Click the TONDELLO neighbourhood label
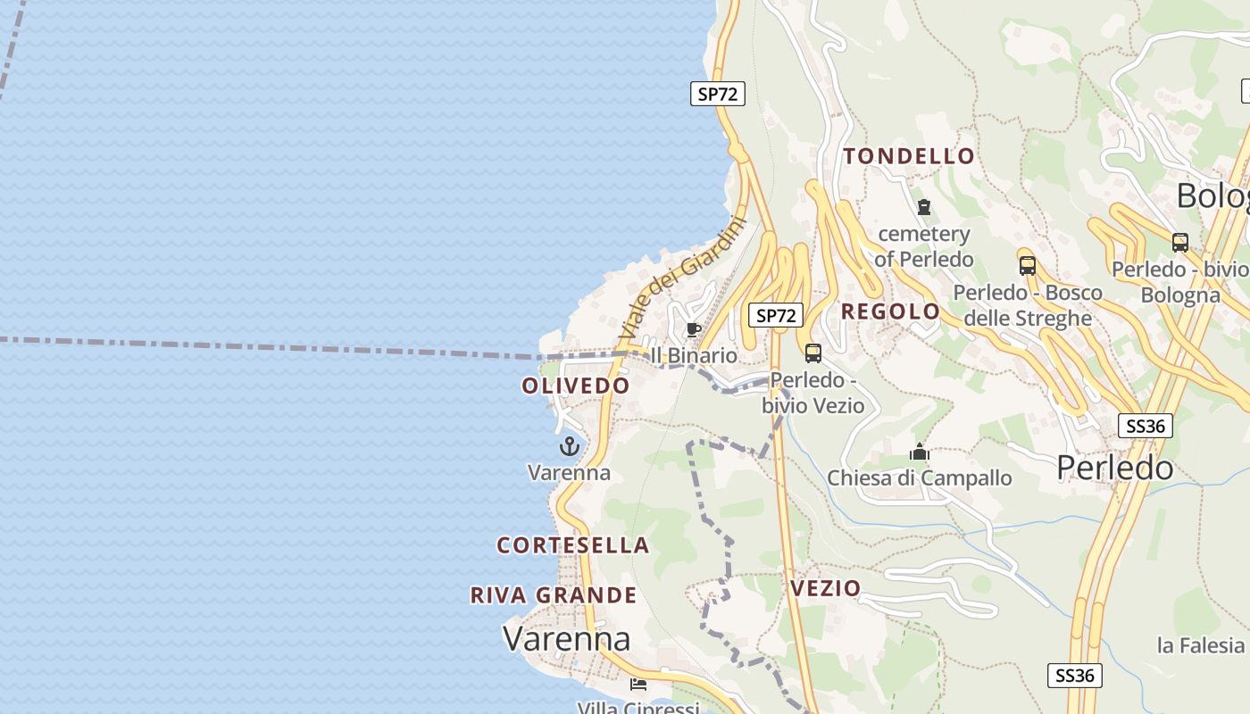tap(909, 156)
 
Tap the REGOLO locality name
tap(890, 311)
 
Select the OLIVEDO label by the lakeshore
tap(576, 386)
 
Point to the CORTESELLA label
tap(572, 544)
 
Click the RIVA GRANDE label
tap(554, 595)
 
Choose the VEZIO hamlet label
tap(825, 588)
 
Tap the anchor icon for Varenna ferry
tap(569, 446)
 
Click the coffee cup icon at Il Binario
tap(693, 330)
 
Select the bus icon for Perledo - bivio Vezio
tap(812, 353)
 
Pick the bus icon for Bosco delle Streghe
tap(1027, 265)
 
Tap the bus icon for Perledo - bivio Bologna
tap(1179, 242)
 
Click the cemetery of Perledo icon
tap(923, 207)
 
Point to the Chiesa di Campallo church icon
tap(919, 452)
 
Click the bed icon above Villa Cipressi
tap(637, 685)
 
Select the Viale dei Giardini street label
tap(682, 278)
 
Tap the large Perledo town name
tap(1114, 467)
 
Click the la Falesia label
tap(1200, 644)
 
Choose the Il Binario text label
tap(695, 355)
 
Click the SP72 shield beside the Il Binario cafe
tap(775, 315)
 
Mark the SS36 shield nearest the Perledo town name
tap(1145, 426)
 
